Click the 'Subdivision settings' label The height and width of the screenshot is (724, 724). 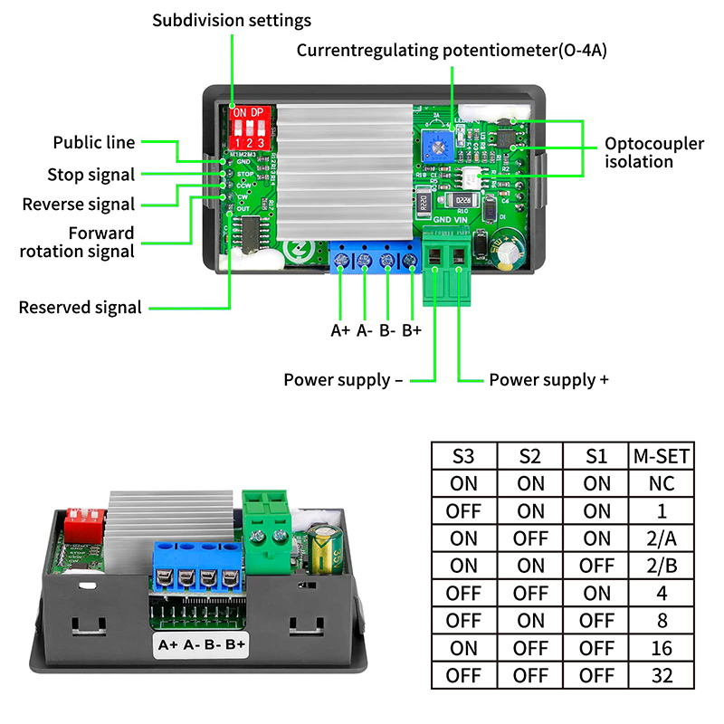coord(231,20)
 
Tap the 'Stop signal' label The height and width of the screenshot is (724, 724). coord(90,175)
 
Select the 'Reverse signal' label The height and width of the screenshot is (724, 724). coord(78,204)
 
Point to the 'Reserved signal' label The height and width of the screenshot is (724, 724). coord(81,308)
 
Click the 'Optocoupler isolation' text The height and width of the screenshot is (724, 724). coord(640,152)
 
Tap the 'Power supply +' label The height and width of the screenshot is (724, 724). coord(548,379)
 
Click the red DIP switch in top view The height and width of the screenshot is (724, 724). coord(248,128)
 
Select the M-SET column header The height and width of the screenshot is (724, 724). coord(662,455)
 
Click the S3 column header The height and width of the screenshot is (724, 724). coord(463,455)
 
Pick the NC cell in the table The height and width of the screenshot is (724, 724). coord(662,483)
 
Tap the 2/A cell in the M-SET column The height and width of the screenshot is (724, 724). coord(662,538)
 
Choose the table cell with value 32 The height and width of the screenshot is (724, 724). coord(662,675)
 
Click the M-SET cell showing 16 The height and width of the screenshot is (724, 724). coord(662,648)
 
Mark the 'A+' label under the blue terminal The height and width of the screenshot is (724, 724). coord(339,330)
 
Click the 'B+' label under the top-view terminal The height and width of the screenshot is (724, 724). coord(412,330)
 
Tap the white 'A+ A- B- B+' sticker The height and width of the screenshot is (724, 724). coord(202,644)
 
